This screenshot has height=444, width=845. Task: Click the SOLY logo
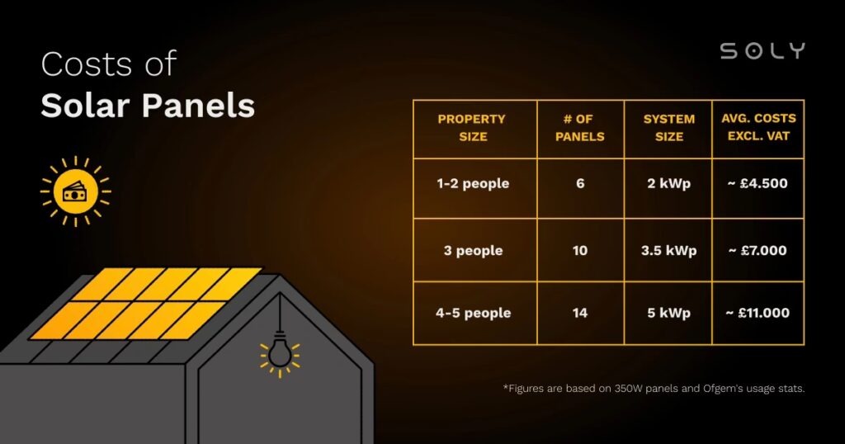762,51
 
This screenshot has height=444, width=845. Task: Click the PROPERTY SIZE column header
472,128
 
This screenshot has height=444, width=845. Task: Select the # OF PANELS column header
579,128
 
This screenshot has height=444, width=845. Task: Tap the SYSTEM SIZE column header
668,128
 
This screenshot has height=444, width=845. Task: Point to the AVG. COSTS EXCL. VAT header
758,128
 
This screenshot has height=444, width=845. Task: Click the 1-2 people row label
473,183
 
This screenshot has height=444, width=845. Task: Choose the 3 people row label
473,250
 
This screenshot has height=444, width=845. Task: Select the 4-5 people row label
473,313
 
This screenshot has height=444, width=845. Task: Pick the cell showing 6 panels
580,183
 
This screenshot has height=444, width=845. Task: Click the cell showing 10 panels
580,250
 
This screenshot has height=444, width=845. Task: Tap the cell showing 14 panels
580,313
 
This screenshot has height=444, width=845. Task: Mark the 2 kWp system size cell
668,183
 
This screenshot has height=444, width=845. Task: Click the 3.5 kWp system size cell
668,250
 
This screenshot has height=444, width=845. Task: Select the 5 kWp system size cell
668,313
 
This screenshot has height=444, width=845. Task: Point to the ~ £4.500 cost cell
757,183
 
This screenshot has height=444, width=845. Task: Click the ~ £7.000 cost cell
757,250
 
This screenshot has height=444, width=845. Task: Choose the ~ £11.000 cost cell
757,313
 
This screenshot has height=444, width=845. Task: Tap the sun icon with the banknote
75,191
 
